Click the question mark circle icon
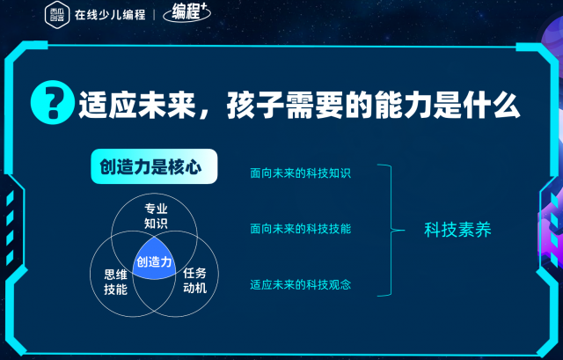coord(53,102)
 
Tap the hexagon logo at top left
coord(57,14)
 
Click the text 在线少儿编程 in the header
coord(110,15)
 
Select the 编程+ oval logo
coord(186,12)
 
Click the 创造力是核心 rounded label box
coord(154,166)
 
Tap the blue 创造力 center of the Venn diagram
coord(155,260)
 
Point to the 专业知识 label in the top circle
coord(156,216)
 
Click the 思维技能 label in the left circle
coord(115,282)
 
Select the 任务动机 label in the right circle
coord(194,281)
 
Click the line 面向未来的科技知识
coord(301,173)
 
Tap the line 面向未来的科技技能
coord(301,229)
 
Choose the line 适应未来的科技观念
coord(301,285)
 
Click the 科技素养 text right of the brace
coord(457,230)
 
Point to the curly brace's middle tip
coord(405,231)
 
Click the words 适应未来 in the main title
coord(137,105)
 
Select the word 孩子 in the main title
coord(255,105)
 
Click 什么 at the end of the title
coord(492,105)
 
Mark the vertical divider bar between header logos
coord(154,15)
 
